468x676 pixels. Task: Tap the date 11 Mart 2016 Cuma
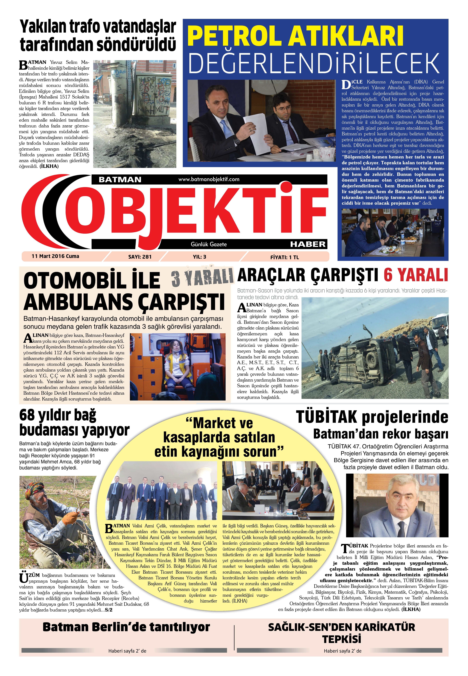55,256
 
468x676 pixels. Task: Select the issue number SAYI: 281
140,257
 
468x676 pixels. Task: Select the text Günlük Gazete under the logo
209,244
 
